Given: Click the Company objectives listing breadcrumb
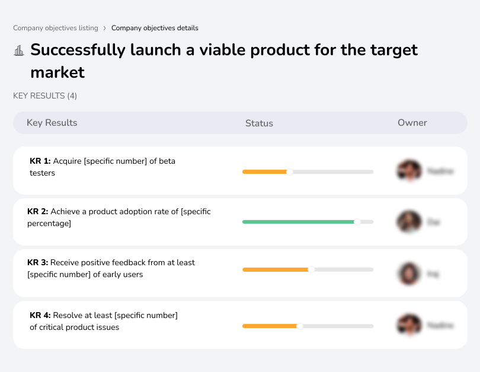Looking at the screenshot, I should click(56, 28).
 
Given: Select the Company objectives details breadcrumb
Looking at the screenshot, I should click(155, 28).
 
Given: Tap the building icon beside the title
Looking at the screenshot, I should click(19, 50).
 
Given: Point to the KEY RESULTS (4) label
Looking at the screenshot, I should click(45, 96).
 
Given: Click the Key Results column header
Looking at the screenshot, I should click(52, 123).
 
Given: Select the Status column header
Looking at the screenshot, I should click(259, 123).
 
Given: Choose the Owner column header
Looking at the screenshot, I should click(412, 123).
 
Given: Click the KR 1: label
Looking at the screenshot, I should click(40, 161).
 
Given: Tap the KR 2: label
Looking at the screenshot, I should click(38, 211).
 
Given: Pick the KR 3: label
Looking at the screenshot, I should click(38, 262).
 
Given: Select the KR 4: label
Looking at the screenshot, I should click(40, 315).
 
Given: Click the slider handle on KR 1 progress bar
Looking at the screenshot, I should click(290, 172).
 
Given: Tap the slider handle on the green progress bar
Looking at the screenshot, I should click(357, 222).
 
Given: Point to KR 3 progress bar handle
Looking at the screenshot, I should click(311, 270).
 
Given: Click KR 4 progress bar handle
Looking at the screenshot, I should click(299, 326).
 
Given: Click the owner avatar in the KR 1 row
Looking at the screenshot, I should click(409, 171).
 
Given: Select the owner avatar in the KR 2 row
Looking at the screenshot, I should click(409, 222).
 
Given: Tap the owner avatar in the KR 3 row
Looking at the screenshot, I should click(409, 274).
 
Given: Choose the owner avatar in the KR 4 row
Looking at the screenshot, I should click(409, 325).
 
